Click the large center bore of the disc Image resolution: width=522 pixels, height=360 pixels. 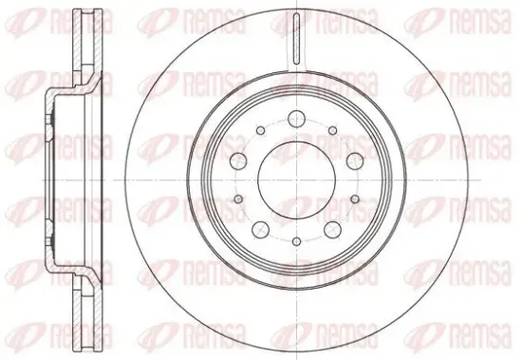point(297,180)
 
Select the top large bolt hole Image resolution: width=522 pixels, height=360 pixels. point(297,119)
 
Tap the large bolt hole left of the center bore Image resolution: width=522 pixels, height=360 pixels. point(238,161)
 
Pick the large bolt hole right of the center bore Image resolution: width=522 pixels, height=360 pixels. point(355,161)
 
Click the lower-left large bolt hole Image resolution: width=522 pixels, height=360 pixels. point(261,230)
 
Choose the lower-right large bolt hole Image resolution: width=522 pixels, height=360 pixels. point(332,230)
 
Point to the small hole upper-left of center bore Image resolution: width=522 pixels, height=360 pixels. point(261,131)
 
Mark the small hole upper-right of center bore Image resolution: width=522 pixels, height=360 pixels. point(332,131)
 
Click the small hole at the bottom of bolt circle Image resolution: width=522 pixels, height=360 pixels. point(297,241)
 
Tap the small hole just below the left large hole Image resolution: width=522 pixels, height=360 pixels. point(238,199)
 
